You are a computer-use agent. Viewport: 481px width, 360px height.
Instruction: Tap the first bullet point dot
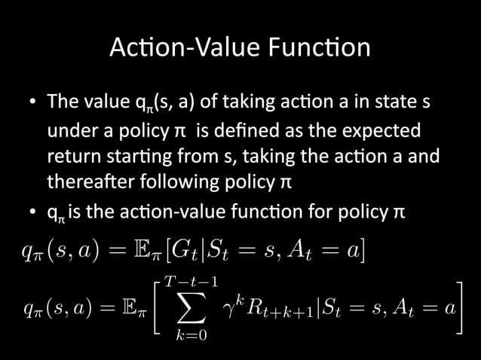point(34,102)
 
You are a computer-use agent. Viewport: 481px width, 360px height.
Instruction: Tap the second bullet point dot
point(34,212)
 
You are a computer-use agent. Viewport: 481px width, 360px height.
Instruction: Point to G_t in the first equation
point(214,249)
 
